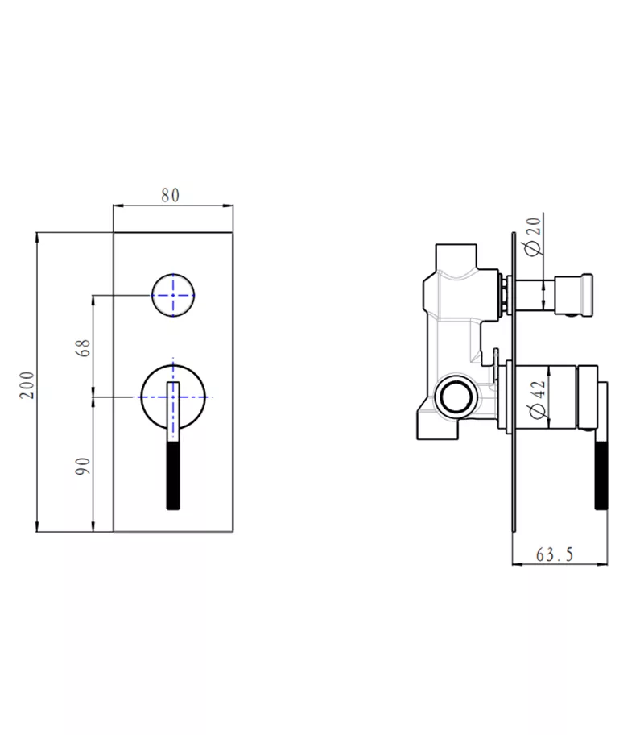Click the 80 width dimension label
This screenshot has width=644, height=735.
tap(170, 195)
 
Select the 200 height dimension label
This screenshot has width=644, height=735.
tap(27, 384)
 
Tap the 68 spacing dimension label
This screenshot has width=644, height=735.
tap(81, 349)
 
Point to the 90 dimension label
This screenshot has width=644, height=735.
tap(81, 465)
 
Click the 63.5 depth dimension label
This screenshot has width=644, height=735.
tap(554, 554)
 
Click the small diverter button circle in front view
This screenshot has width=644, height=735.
tap(173, 295)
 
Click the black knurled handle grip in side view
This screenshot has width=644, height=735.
tap(600, 475)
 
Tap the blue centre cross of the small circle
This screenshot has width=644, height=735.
tap(173, 295)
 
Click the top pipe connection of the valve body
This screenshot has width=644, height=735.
tap(456, 251)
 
